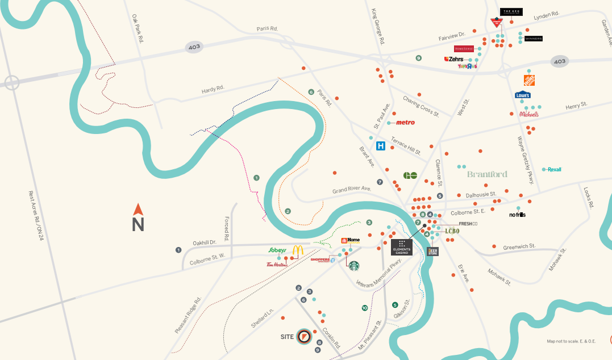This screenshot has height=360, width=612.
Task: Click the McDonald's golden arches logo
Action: [x=298, y=250]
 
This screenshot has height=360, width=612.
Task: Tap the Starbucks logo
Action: [x=354, y=265]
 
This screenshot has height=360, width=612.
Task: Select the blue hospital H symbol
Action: [x=381, y=146]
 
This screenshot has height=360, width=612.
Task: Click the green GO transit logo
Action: [x=411, y=175]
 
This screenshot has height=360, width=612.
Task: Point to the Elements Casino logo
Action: [x=402, y=247]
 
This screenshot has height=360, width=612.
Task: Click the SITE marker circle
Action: [x=305, y=336]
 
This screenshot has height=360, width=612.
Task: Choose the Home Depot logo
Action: [x=529, y=80]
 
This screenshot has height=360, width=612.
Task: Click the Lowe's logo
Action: [x=523, y=95]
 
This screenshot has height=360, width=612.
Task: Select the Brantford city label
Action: [x=487, y=174]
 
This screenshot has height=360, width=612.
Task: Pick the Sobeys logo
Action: [x=277, y=250]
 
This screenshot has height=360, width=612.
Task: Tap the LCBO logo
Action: [x=452, y=231]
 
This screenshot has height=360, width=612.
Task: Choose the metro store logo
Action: [x=405, y=123]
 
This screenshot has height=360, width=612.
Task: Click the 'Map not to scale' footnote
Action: [x=571, y=341]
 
